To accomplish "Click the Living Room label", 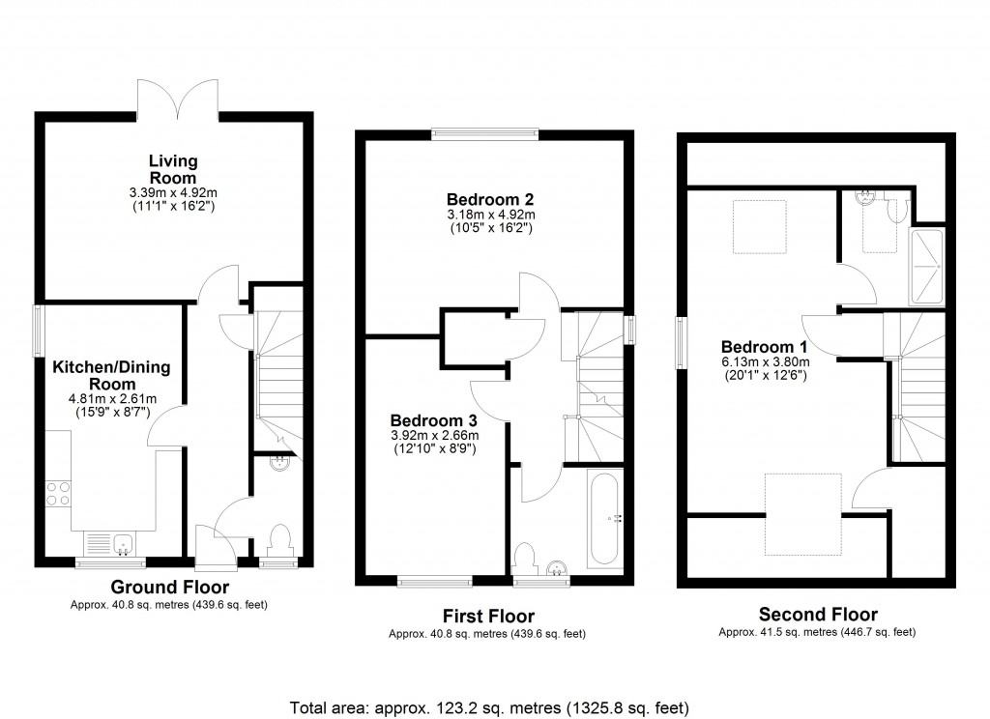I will point(173,169).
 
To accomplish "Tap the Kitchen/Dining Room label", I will point(111,374).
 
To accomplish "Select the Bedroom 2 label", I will point(490,200).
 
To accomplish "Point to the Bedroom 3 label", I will point(433,420).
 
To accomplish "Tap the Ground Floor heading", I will point(169,587).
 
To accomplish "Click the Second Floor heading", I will point(818,615).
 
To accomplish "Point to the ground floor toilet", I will point(280,536).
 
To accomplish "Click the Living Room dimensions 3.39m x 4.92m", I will point(173,192).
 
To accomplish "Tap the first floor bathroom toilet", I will point(525,558).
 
